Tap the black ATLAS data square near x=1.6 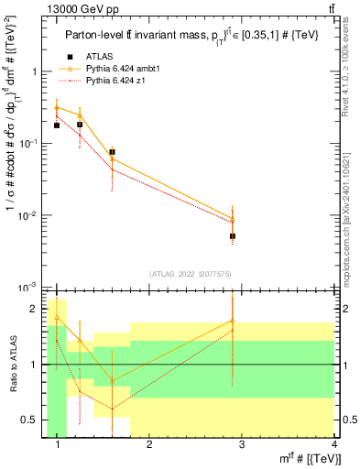tap(112, 152)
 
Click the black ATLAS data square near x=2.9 tap(233, 235)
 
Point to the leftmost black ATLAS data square tap(57, 125)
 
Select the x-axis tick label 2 tap(149, 445)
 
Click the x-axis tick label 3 tap(241, 445)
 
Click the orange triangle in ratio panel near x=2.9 tap(233, 321)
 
